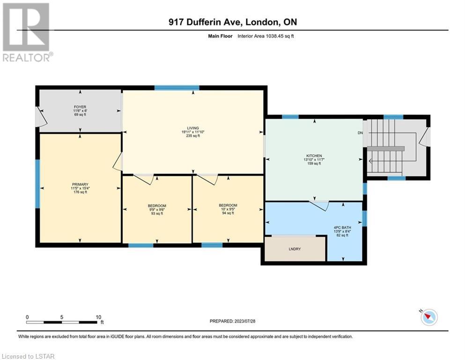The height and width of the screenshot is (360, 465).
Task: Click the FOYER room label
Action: click(x=80, y=107)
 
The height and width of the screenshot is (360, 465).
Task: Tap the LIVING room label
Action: click(x=193, y=128)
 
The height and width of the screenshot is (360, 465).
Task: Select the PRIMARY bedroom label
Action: click(x=80, y=184)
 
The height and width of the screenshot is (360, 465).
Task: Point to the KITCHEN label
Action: click(x=314, y=156)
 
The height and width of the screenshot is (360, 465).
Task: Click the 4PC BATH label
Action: click(x=342, y=227)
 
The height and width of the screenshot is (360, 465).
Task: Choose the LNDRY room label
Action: click(x=295, y=249)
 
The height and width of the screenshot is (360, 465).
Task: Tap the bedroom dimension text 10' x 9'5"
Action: click(x=228, y=209)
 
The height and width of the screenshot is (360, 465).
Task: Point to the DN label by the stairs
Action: click(x=360, y=133)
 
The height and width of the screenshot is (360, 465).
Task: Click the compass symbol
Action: click(x=429, y=317)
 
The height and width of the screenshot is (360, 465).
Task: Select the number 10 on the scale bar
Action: click(x=98, y=317)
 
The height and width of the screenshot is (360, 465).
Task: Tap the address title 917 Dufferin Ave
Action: click(x=206, y=22)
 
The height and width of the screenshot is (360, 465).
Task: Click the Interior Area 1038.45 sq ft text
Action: click(x=266, y=36)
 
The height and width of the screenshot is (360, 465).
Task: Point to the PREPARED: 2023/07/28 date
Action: click(x=232, y=321)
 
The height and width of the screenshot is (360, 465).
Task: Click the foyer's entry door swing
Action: click(x=41, y=117)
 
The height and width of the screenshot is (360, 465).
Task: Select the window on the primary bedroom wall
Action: click(x=37, y=184)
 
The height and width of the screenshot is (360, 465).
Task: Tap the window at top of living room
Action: click(x=177, y=88)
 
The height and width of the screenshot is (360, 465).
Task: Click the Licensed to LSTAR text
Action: click(x=28, y=356)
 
